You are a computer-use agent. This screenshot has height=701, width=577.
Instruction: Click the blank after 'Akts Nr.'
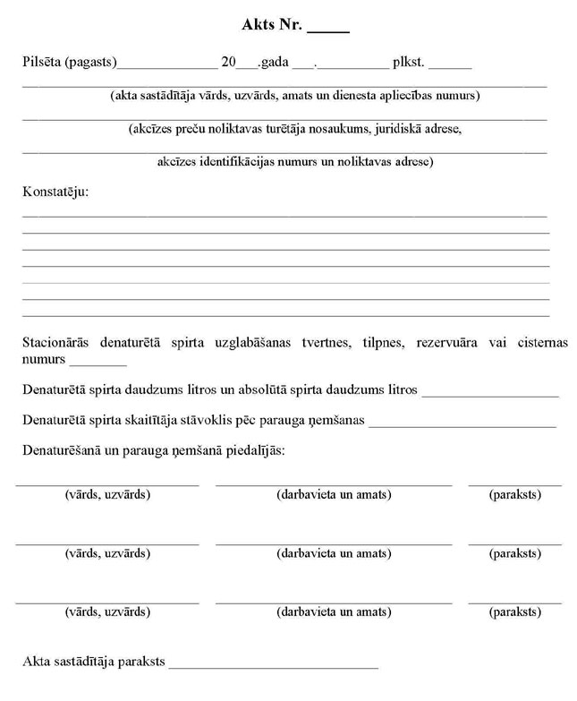[x=328, y=29]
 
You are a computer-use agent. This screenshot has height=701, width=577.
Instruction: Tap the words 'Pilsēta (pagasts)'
[x=70, y=63]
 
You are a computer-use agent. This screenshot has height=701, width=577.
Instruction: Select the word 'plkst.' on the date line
[x=410, y=63]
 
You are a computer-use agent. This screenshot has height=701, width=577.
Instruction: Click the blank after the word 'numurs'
[x=98, y=363]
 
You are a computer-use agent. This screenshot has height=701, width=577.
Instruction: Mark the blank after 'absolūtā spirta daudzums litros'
[x=490, y=394]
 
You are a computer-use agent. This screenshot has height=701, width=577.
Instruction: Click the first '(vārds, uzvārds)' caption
[x=107, y=495]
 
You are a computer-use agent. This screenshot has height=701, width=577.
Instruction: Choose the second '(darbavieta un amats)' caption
[x=334, y=554]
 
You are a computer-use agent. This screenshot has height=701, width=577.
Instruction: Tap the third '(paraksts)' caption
[x=514, y=612]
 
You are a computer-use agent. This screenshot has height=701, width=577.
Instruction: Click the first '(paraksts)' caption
[x=514, y=495]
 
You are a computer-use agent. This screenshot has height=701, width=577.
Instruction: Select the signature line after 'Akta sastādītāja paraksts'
[x=273, y=667]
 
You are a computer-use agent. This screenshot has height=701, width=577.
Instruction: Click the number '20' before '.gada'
[x=228, y=63]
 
